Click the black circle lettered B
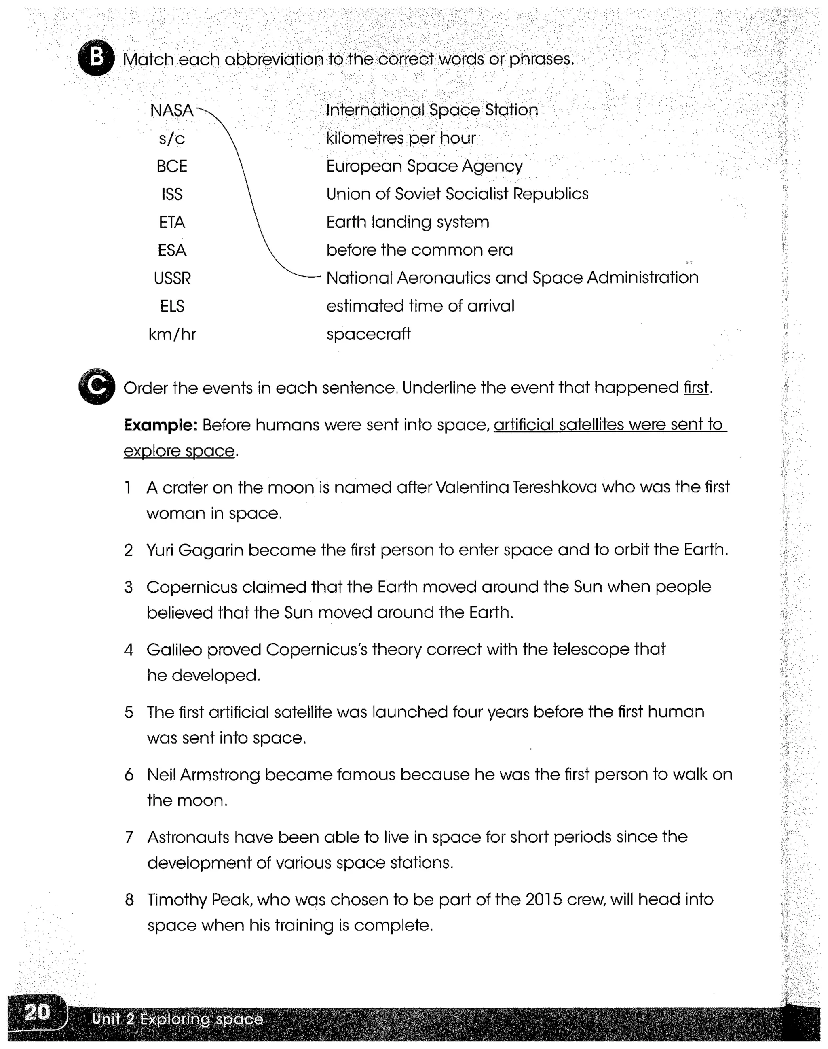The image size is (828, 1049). (x=96, y=58)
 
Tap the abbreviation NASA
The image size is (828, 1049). (x=171, y=110)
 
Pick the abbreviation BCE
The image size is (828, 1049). (x=171, y=166)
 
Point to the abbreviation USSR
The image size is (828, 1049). (x=172, y=278)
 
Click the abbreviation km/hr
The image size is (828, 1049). (x=172, y=334)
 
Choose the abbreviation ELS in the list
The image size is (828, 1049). (x=172, y=306)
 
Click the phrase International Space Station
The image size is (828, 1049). (x=431, y=110)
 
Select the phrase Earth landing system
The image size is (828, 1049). (x=407, y=222)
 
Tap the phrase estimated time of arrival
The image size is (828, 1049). (x=420, y=306)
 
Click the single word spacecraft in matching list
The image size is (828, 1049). (x=368, y=334)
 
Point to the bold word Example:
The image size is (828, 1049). (x=161, y=425)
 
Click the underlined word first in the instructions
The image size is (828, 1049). (x=696, y=388)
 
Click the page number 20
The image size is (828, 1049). (x=37, y=1013)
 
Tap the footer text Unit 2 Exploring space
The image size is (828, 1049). (x=177, y=1019)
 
